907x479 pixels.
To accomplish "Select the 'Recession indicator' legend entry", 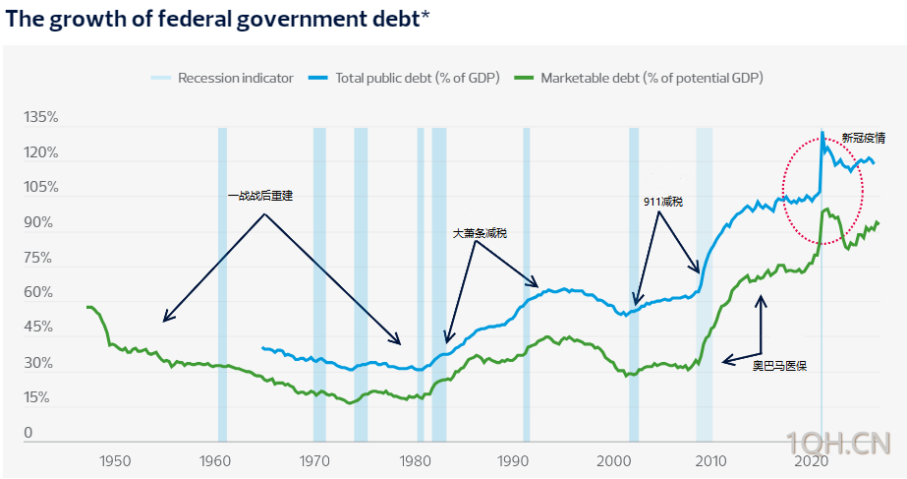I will (x=235, y=78).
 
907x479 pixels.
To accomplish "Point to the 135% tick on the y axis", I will (x=41, y=118).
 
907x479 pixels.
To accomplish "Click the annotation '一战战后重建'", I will (x=260, y=196).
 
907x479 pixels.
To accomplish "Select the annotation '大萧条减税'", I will (x=480, y=233).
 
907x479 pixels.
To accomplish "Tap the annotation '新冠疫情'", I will (x=862, y=138).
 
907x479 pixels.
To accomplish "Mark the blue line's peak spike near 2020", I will (x=822, y=132).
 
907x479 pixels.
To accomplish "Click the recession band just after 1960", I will (x=222, y=285).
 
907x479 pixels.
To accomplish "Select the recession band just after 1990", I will (x=527, y=285).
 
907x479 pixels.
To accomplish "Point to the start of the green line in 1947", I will (x=88, y=308).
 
